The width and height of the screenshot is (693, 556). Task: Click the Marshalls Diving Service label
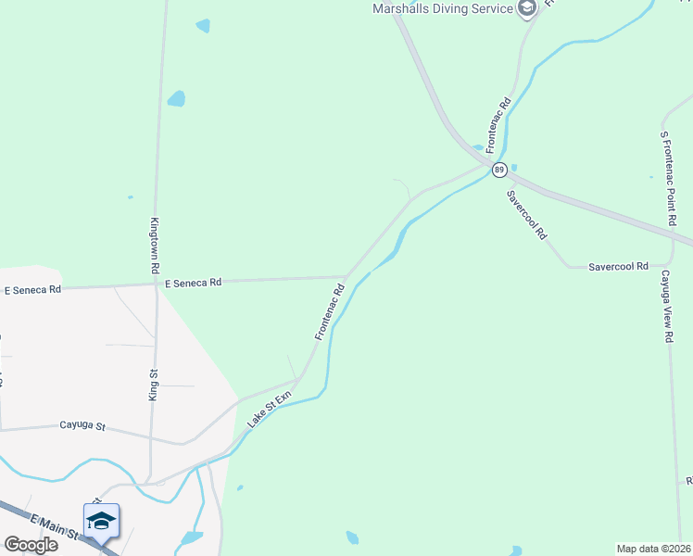pyautogui.click(x=442, y=8)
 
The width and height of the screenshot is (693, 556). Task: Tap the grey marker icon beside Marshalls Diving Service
pyautogui.click(x=527, y=9)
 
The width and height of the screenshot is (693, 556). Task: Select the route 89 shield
pyautogui.click(x=499, y=170)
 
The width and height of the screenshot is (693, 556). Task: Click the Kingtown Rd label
pyautogui.click(x=155, y=245)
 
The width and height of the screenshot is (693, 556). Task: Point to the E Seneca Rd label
pyautogui.click(x=194, y=283)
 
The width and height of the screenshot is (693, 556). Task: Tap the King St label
pyautogui.click(x=154, y=384)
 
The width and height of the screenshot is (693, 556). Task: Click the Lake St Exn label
pyautogui.click(x=269, y=409)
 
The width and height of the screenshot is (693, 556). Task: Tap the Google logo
pyautogui.click(x=31, y=545)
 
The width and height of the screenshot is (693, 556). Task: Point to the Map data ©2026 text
pyautogui.click(x=653, y=548)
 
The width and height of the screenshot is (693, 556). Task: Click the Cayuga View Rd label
pyautogui.click(x=666, y=307)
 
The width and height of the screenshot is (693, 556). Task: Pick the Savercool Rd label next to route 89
pyautogui.click(x=527, y=215)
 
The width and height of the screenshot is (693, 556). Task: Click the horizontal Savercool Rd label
pyautogui.click(x=618, y=267)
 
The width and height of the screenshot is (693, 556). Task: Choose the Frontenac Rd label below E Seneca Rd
pyautogui.click(x=329, y=312)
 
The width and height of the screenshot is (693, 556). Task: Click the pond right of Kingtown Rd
pyautogui.click(x=176, y=98)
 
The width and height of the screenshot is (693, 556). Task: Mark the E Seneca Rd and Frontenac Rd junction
pyautogui.click(x=346, y=276)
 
